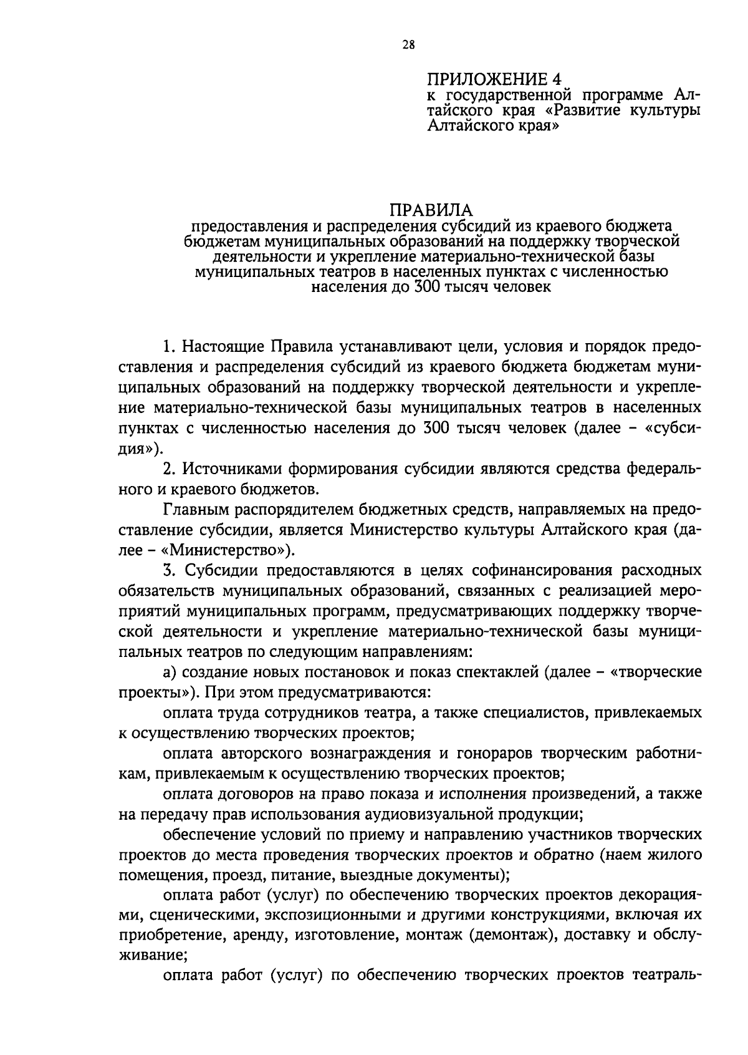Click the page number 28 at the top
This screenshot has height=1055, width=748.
(x=409, y=45)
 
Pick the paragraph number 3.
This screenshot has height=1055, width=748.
(x=168, y=570)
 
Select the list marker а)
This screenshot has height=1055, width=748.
(x=170, y=673)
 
